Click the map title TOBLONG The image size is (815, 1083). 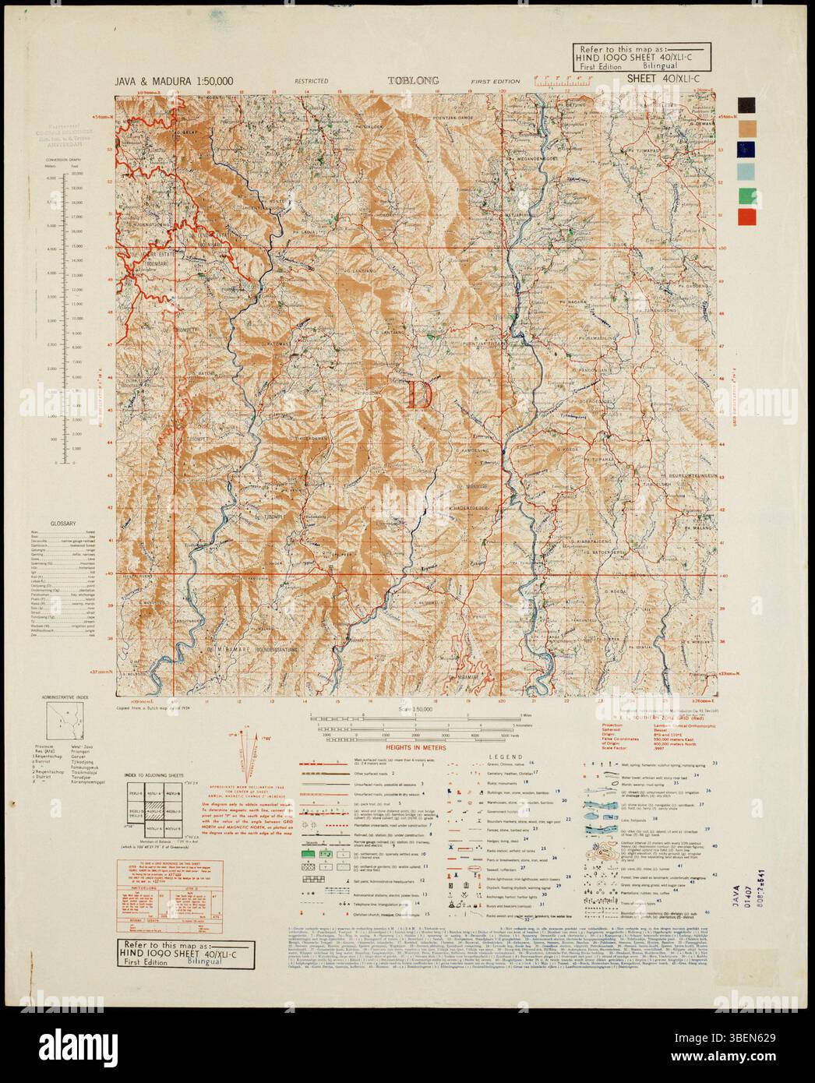coord(414,80)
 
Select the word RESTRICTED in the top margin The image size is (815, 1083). coord(311,81)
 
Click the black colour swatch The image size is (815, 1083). coord(746,105)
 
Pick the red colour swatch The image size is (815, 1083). coord(746,217)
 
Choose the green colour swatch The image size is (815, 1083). coord(746,195)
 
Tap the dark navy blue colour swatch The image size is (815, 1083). coord(746,150)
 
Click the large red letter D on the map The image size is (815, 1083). coord(419,393)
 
